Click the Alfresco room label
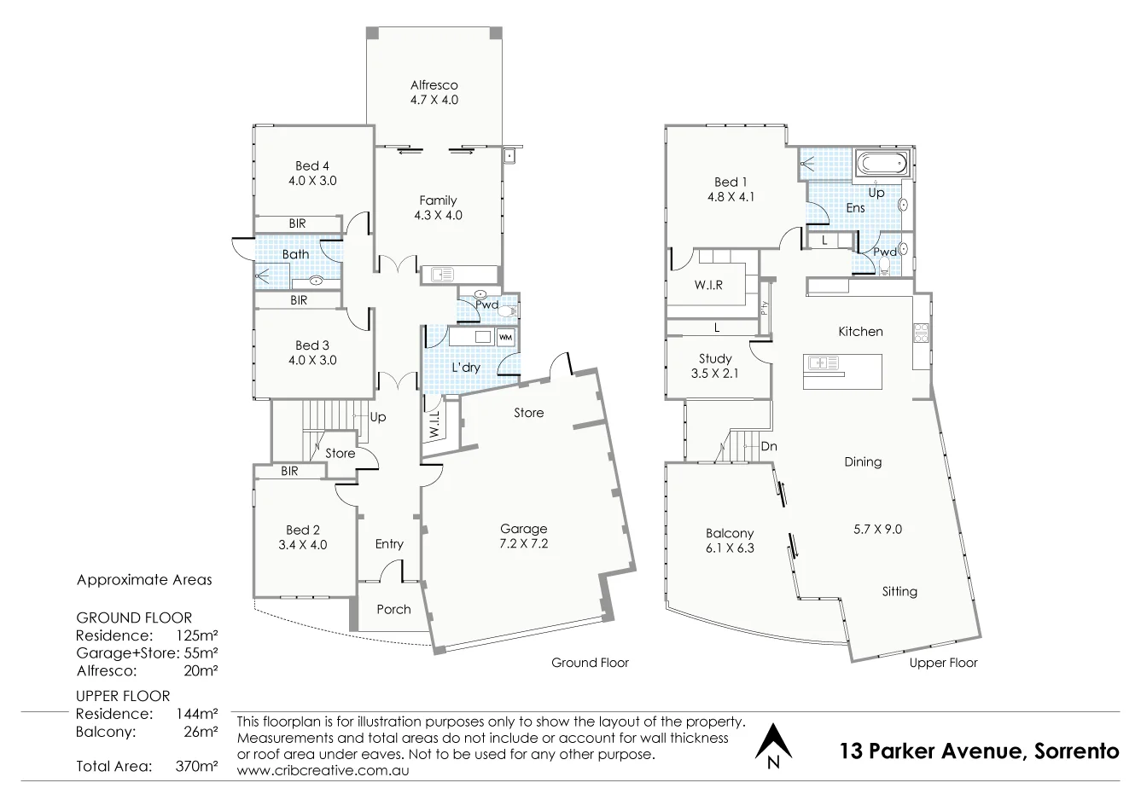pyautogui.click(x=434, y=85)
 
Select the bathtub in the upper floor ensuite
pyautogui.click(x=880, y=162)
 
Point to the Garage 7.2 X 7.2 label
pyautogui.click(x=523, y=536)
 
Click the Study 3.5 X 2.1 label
pyautogui.click(x=714, y=366)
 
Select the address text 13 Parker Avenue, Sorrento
pyautogui.click(x=979, y=751)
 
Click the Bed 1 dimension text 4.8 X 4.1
pyautogui.click(x=731, y=196)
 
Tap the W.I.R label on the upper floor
pyautogui.click(x=708, y=285)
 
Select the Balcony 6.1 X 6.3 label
pyautogui.click(x=729, y=541)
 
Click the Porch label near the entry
pyautogui.click(x=393, y=609)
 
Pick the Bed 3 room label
pyautogui.click(x=312, y=345)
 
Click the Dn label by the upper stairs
pyautogui.click(x=769, y=446)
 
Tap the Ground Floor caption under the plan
pyautogui.click(x=590, y=663)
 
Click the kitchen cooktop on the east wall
pyautogui.click(x=921, y=333)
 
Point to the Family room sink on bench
pyautogui.click(x=442, y=274)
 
